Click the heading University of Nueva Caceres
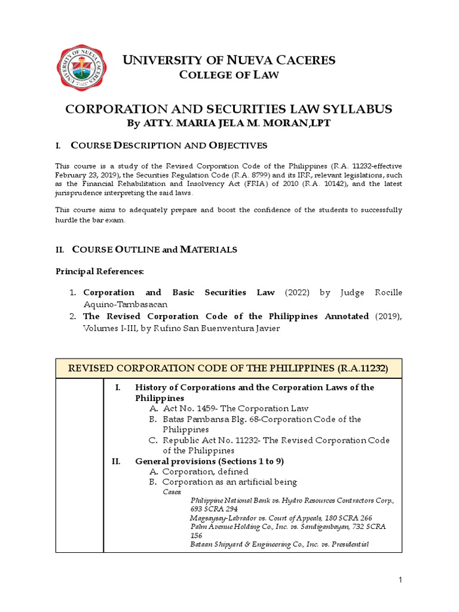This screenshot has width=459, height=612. tap(229, 60)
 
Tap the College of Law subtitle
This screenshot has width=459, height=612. tap(229, 75)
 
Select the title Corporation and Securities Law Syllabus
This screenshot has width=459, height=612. tap(228, 109)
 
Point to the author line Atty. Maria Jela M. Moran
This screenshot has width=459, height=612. tap(228, 123)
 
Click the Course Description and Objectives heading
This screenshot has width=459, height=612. tap(169, 146)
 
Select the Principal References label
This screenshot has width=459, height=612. tap(99, 272)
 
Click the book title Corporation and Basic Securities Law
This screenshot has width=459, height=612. tap(179, 292)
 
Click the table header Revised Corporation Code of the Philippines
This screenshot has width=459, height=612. tap(229, 368)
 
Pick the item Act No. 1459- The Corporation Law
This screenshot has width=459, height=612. tap(235, 408)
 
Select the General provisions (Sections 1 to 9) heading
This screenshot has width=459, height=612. tap(210, 461)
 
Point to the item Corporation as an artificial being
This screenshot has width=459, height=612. tap(229, 482)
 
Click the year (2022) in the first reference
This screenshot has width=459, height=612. tap(297, 292)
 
